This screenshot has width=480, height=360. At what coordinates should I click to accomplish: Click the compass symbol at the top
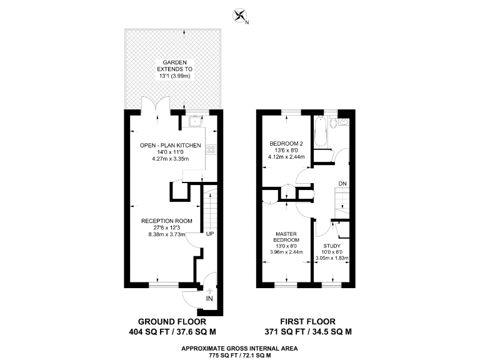coord(239,14)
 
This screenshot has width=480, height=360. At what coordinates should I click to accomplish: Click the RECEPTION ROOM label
coord(162,221)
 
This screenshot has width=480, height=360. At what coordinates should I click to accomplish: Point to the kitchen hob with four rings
coord(211,149)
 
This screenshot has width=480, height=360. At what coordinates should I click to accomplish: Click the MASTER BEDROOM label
coord(287,237)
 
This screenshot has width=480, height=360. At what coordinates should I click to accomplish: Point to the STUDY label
coord(331,246)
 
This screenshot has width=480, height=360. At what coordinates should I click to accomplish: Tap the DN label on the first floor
coord(342,183)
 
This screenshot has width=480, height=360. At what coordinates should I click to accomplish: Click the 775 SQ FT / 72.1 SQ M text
coord(240,355)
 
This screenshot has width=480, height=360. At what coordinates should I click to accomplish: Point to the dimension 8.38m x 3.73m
coord(166,234)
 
